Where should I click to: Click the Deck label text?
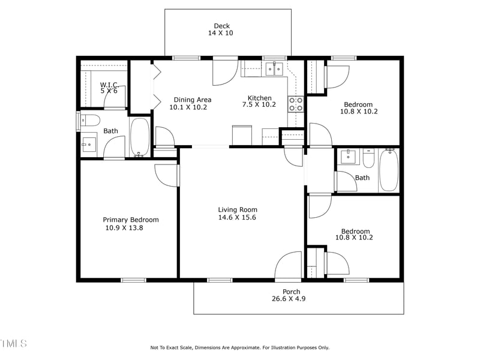[221, 26]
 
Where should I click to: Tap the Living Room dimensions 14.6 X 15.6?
[237, 218]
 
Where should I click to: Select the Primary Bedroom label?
[131, 220]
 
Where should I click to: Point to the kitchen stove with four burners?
[296, 104]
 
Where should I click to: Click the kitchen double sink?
[275, 69]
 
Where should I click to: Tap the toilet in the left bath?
[87, 120]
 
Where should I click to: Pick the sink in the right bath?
[348, 157]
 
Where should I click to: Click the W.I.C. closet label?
[109, 85]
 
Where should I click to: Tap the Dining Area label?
[193, 100]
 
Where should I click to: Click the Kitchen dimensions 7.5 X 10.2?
[259, 104]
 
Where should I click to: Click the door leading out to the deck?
[226, 72]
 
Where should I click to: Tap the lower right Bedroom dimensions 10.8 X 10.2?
[354, 238]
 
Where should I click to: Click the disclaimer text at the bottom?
[239, 347]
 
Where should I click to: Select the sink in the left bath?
[89, 144]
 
